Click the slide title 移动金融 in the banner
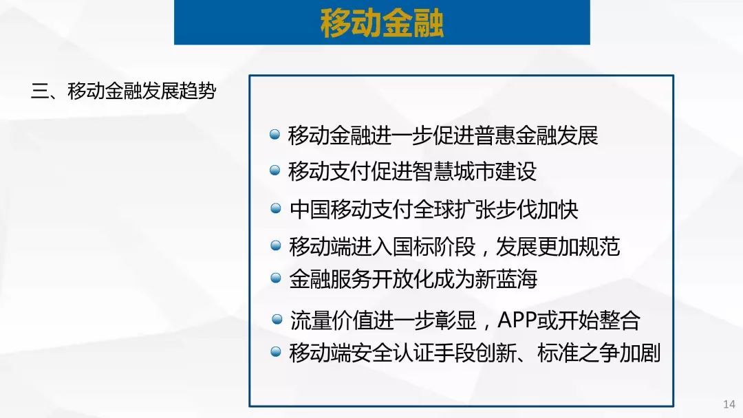382,23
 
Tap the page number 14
729,404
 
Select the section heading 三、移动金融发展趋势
124,91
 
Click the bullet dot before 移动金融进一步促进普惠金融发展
274,135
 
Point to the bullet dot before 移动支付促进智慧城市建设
274,170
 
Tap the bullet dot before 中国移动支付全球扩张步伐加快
275,208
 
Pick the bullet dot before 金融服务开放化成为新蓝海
275,278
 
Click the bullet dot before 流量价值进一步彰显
277,320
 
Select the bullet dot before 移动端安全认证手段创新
275,352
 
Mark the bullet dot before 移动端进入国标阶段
275,245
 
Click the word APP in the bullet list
517,320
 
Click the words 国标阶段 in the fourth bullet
434,246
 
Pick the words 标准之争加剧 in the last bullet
599,353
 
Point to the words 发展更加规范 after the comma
558,246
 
